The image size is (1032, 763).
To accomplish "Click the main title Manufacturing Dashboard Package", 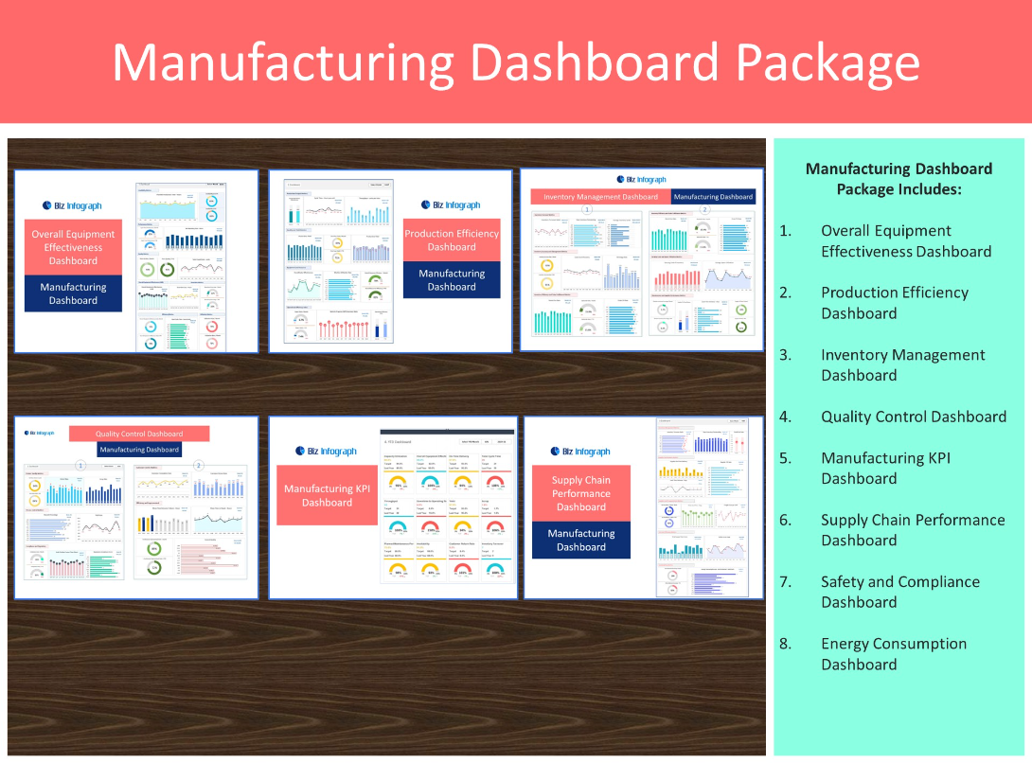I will pyautogui.click(x=516, y=62).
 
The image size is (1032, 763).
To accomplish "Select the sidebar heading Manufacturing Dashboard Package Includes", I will pyautogui.click(x=899, y=179).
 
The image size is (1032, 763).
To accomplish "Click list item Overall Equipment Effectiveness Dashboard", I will pyautogui.click(x=905, y=241).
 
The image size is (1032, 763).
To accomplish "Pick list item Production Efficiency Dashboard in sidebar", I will pyautogui.click(x=894, y=303).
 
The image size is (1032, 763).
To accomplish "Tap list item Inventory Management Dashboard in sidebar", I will pyautogui.click(x=902, y=365).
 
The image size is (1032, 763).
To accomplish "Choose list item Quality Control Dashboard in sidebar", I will pyautogui.click(x=913, y=417).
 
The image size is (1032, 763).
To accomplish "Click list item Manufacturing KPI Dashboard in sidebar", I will pyautogui.click(x=885, y=468).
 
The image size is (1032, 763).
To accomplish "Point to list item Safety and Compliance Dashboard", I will pyautogui.click(x=899, y=592).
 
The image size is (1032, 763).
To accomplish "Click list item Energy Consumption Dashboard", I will pyautogui.click(x=893, y=654).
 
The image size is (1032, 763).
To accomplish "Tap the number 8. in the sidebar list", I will pyautogui.click(x=786, y=644).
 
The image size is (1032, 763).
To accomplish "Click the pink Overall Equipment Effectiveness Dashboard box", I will pyautogui.click(x=73, y=247).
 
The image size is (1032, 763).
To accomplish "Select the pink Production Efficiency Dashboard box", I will pyautogui.click(x=452, y=240).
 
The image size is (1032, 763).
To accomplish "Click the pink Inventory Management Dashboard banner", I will pyautogui.click(x=600, y=197).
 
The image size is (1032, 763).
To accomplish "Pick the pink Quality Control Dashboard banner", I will pyautogui.click(x=138, y=434).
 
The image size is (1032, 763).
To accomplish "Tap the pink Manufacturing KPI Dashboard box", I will pyautogui.click(x=327, y=495).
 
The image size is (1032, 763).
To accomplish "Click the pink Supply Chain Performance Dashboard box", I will pyautogui.click(x=580, y=493).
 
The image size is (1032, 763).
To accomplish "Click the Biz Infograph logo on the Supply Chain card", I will pyautogui.click(x=580, y=452).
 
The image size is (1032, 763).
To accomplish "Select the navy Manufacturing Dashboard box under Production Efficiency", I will pyautogui.click(x=452, y=280).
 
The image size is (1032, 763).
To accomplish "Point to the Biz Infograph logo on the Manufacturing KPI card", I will pyautogui.click(x=327, y=452).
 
